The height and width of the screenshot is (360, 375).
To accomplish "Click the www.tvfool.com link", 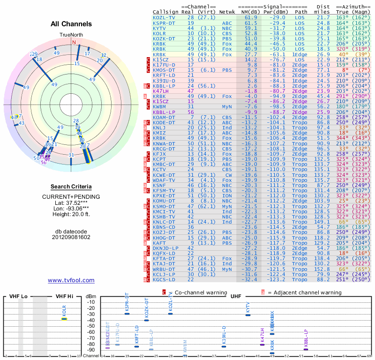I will pyautogui.click(x=71, y=280).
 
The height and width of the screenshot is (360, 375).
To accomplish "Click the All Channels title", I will pyautogui.click(x=71, y=24).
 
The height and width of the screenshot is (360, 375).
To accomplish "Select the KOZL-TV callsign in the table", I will pyautogui.click(x=164, y=17).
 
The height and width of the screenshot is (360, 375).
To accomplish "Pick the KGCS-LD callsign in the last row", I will pyautogui.click(x=164, y=280).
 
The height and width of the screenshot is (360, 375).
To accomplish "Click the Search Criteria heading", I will pyautogui.click(x=71, y=186).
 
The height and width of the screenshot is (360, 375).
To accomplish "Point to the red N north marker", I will pyautogui.click(x=74, y=42).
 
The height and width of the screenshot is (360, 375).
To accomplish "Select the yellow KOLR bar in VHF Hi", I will pyautogui.click(x=65, y=319).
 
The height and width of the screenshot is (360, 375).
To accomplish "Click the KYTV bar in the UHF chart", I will pyautogui.click(x=248, y=315).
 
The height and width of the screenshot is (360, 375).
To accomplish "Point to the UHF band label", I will pyautogui.click(x=236, y=297).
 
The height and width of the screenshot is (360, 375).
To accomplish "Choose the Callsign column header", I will pyautogui.click(x=164, y=12).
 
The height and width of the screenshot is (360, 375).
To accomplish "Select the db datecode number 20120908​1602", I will pyautogui.click(x=71, y=237).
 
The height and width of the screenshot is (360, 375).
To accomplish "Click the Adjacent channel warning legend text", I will pyautogui.click(x=304, y=292).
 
